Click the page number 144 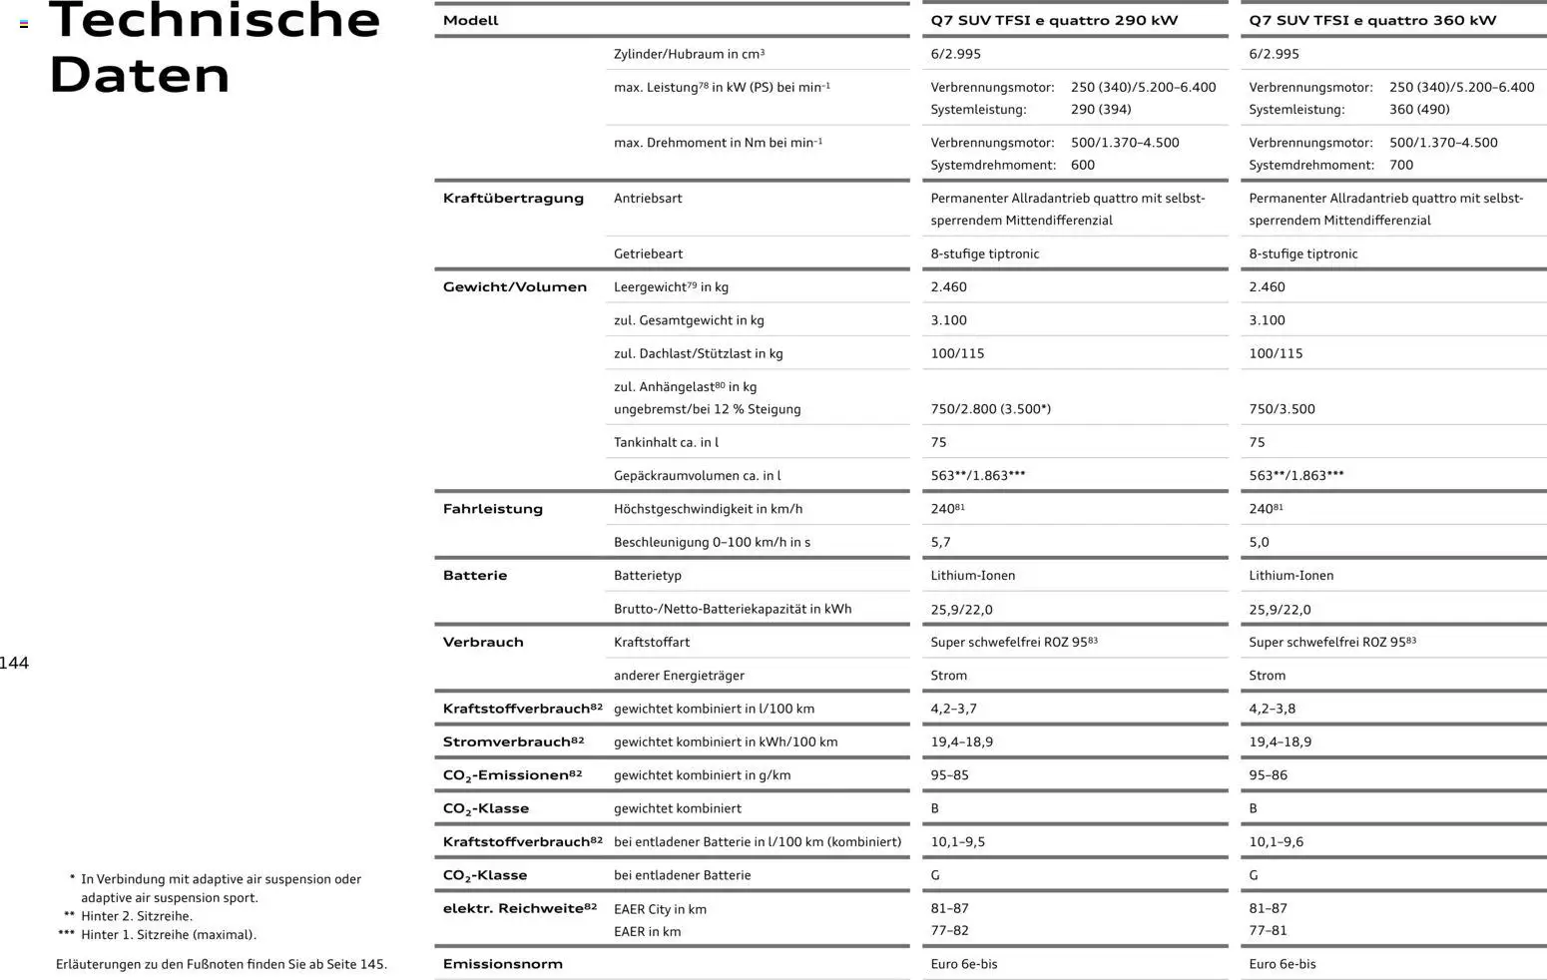pos(15,664)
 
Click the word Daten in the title pos(139,75)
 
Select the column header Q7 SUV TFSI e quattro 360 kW pos(1372,20)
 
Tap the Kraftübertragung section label pos(513,198)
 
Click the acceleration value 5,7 pos(940,542)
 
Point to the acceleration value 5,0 pos(1259,542)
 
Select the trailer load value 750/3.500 pos(1282,409)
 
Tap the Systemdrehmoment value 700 pos(1401,165)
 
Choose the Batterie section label pos(475,575)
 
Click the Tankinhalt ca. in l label pos(666,442)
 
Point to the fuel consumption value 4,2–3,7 pos(953,709)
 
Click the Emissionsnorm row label pos(503,964)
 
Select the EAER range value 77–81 pos(1268,930)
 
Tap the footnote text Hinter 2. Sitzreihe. pos(137,916)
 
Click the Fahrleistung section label pos(493,509)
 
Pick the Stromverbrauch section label pos(513,741)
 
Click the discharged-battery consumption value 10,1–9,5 pos(957,841)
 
